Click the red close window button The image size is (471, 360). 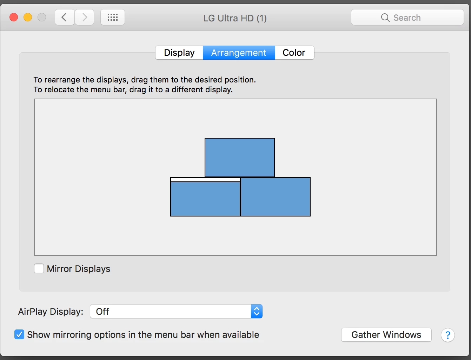pyautogui.click(x=14, y=17)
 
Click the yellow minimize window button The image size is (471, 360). pyautogui.click(x=28, y=17)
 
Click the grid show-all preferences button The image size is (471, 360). pyautogui.click(x=113, y=17)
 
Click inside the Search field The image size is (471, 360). pyautogui.click(x=407, y=17)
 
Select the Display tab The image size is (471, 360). pyautogui.click(x=179, y=53)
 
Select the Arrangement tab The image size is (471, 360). pyautogui.click(x=239, y=53)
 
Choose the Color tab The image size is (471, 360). pyautogui.click(x=294, y=53)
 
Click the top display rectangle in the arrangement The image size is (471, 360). pyautogui.click(x=240, y=158)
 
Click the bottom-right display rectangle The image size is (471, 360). pyautogui.click(x=276, y=197)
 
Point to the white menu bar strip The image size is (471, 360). pyautogui.click(x=205, y=180)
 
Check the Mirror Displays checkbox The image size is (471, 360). pyautogui.click(x=39, y=268)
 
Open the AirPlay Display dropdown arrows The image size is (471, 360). pyautogui.click(x=257, y=311)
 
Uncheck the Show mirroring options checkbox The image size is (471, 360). pyautogui.click(x=19, y=334)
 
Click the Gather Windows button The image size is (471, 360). pyautogui.click(x=386, y=335)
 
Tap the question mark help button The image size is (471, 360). pyautogui.click(x=447, y=335)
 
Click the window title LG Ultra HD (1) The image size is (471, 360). pyautogui.click(x=235, y=18)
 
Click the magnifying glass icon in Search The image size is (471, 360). pyautogui.click(x=385, y=18)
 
